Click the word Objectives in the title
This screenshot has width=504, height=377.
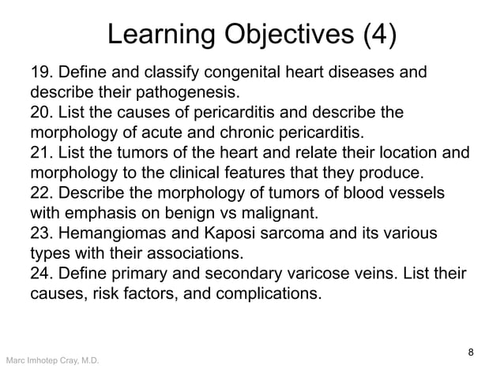288,35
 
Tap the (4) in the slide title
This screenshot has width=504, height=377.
379,35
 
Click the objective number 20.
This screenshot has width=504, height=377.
42,113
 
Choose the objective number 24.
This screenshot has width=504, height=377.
42,274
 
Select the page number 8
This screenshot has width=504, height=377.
471,352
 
